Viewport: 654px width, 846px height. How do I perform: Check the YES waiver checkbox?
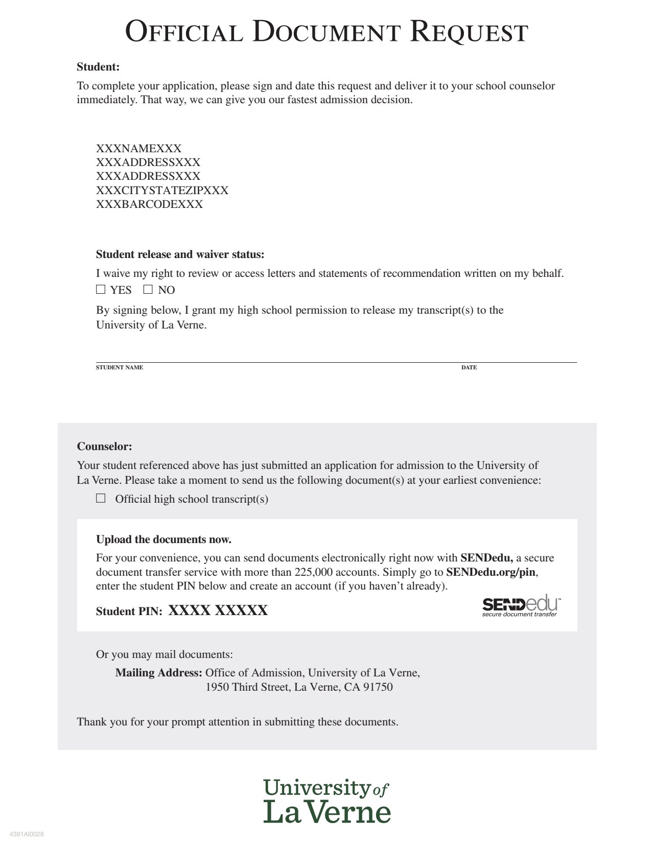click(101, 290)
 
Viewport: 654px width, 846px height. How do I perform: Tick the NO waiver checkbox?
click(148, 290)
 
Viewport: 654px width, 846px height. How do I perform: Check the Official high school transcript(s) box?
click(101, 498)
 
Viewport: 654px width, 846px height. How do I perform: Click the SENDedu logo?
click(521, 606)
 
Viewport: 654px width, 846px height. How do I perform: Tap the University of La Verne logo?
click(327, 801)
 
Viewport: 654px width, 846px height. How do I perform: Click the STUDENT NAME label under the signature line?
click(120, 367)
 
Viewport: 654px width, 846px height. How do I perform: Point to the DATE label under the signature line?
click(469, 367)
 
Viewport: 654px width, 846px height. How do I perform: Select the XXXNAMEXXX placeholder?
click(138, 149)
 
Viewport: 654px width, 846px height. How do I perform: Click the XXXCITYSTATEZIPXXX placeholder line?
click(162, 191)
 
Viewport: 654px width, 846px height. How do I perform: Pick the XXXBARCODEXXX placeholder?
click(149, 204)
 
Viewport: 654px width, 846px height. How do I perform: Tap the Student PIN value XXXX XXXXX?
click(218, 610)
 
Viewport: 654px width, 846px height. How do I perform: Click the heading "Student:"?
click(98, 67)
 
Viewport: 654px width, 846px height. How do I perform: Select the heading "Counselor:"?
click(104, 447)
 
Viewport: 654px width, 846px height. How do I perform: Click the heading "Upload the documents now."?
click(163, 539)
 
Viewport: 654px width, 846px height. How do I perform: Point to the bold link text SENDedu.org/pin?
click(491, 572)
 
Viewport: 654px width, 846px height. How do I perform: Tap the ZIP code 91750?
click(378, 687)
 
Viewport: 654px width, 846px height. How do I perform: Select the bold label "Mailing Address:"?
click(158, 673)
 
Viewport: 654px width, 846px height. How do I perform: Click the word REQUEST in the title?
click(469, 32)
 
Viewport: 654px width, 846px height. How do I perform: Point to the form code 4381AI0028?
click(27, 834)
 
